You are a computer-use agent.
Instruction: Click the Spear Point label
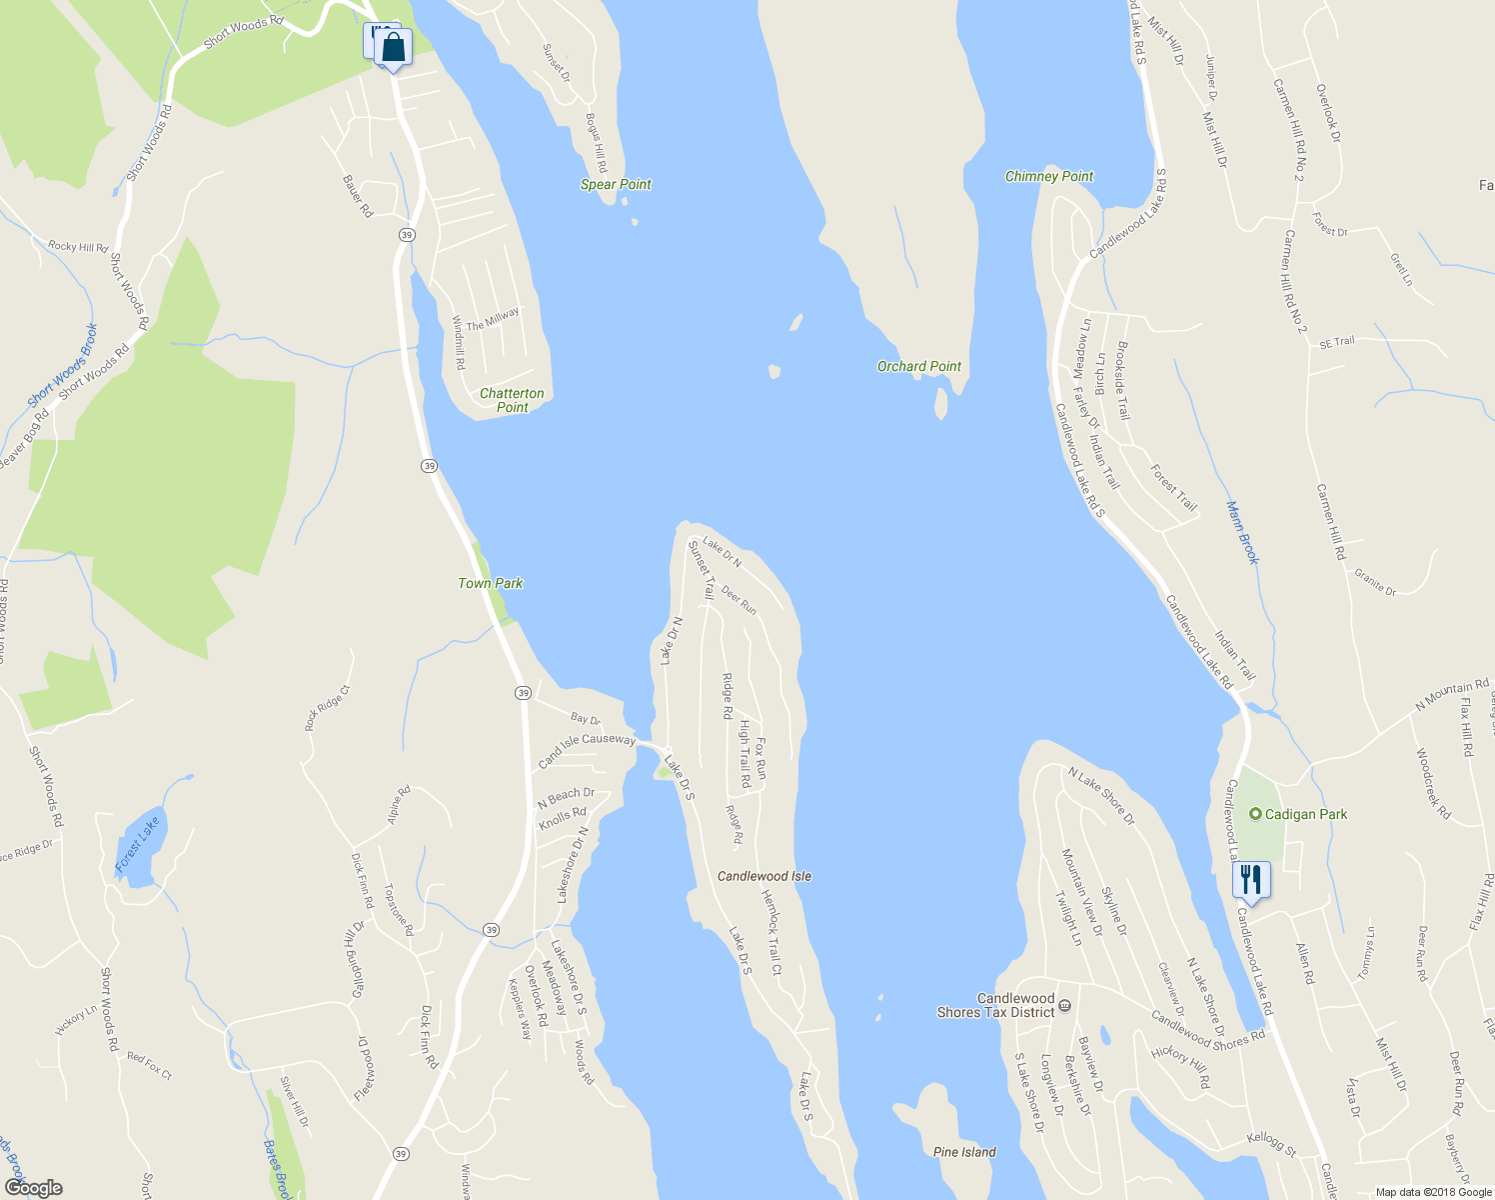pyautogui.click(x=616, y=184)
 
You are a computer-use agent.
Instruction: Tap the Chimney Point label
pyautogui.click(x=1049, y=176)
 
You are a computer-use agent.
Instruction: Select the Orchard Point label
pyautogui.click(x=919, y=366)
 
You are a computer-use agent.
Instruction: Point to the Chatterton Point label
pyautogui.click(x=512, y=400)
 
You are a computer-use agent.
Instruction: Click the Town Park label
pyautogui.click(x=491, y=583)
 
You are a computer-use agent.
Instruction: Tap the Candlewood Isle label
pyautogui.click(x=764, y=876)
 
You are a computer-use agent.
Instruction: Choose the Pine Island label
pyautogui.click(x=964, y=1152)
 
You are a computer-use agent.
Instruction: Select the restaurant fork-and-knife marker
pyautogui.click(x=1250, y=880)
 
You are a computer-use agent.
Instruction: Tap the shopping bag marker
pyautogui.click(x=394, y=47)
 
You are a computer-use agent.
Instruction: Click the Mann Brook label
pyautogui.click(x=1242, y=533)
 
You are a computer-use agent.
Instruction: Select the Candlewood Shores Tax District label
pyautogui.click(x=995, y=1005)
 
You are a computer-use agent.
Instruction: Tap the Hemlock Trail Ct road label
pyautogui.click(x=771, y=932)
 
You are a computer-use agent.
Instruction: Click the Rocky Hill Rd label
pyautogui.click(x=77, y=246)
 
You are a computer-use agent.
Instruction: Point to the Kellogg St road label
pyautogui.click(x=1271, y=1145)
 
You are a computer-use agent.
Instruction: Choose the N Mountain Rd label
pyautogui.click(x=1451, y=696)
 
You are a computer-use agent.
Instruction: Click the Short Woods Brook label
pyautogui.click(x=63, y=366)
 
